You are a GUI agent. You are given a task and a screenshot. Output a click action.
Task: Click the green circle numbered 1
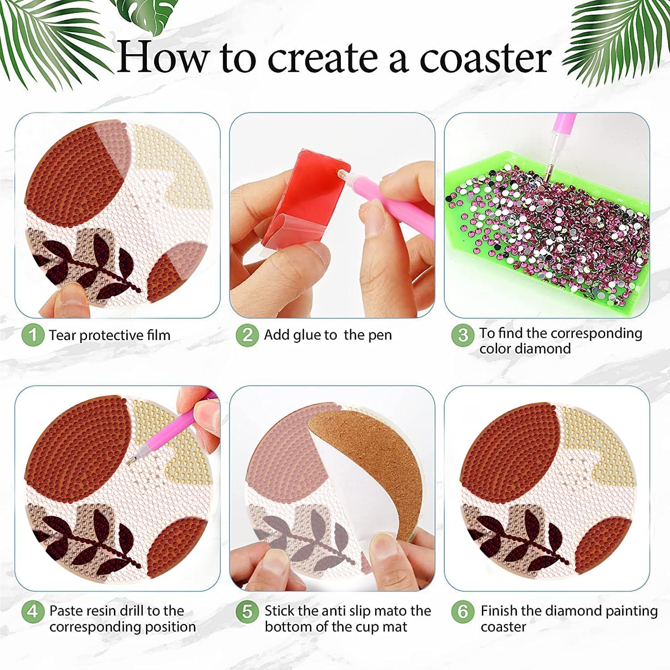pos(33,335)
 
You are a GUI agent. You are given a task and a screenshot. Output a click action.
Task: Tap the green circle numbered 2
pos(247,335)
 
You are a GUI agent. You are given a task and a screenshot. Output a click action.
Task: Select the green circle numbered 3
pos(463,335)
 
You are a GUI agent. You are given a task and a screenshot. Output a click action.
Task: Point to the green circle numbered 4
pos(33,611)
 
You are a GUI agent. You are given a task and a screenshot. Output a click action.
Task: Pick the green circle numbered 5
pos(247,611)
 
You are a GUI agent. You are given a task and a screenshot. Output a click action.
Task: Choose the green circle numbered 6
pos(463,611)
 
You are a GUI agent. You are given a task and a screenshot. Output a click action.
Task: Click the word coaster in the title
pos(486,58)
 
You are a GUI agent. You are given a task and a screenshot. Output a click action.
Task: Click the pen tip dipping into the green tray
pos(546,177)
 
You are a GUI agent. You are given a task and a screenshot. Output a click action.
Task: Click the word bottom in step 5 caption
pos(288,627)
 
